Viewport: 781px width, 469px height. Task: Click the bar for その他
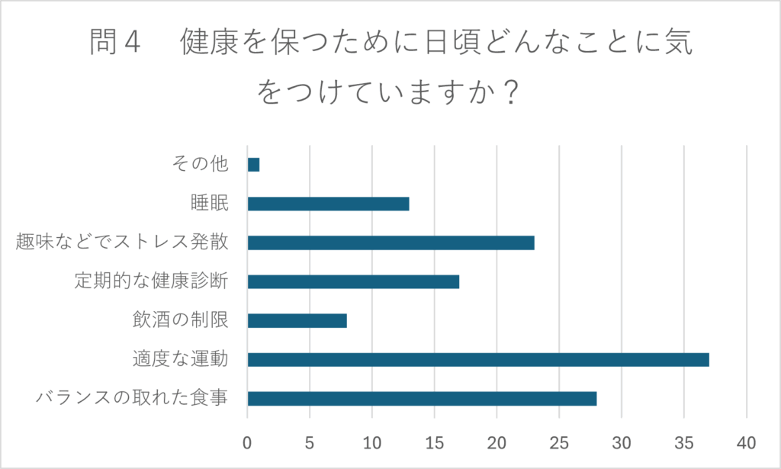tap(253, 165)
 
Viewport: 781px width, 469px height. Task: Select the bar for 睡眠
tap(328, 204)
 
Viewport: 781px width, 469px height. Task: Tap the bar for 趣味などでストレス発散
tap(390, 243)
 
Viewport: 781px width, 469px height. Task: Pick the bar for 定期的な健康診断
tap(353, 281)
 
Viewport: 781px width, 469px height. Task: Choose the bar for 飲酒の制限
tap(297, 320)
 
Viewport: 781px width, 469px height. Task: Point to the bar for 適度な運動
tap(478, 359)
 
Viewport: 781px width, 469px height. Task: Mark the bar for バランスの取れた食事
tap(422, 398)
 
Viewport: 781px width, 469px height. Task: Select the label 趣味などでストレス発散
tap(122, 243)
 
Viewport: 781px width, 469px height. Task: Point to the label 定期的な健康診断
tap(152, 281)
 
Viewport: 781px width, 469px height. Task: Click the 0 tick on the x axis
tap(248, 442)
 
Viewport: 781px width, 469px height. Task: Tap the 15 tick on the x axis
tap(435, 442)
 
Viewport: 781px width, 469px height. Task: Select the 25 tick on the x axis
tap(559, 442)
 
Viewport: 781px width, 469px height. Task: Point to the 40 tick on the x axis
tap(747, 442)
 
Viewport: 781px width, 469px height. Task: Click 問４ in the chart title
tap(115, 43)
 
